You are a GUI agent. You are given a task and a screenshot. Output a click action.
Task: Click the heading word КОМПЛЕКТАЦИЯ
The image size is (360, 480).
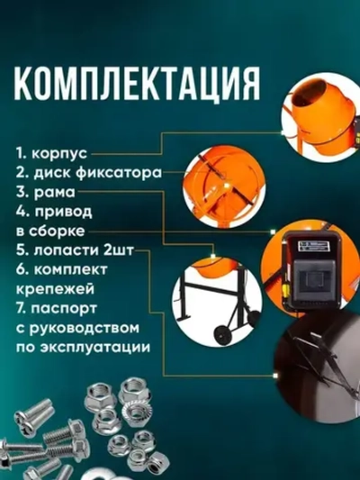(x=132, y=85)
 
